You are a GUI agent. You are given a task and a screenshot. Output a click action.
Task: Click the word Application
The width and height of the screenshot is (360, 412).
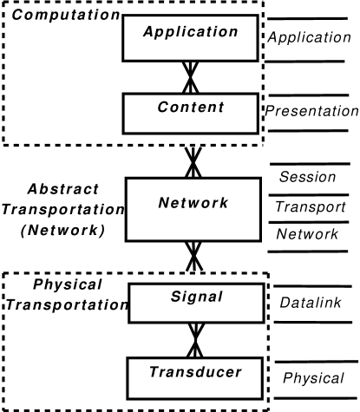pyautogui.click(x=190, y=32)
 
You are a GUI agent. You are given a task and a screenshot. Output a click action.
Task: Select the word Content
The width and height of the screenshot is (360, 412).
pyautogui.click(x=191, y=108)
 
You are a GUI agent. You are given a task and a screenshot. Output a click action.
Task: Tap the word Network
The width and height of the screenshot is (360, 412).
pyautogui.click(x=193, y=203)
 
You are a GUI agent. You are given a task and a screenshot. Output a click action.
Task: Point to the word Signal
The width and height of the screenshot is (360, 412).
pyautogui.click(x=197, y=297)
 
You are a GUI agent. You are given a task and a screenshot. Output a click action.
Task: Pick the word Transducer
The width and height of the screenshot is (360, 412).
pyautogui.click(x=194, y=372)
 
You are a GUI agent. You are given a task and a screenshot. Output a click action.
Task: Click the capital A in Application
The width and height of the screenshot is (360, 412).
pyautogui.click(x=149, y=32)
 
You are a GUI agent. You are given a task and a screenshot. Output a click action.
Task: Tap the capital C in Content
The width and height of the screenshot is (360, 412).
pyautogui.click(x=163, y=108)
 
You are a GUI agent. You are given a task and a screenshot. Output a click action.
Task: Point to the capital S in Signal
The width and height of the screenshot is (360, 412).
pyautogui.click(x=176, y=297)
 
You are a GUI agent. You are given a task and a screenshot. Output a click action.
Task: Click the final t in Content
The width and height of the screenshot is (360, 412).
pyautogui.click(x=220, y=108)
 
